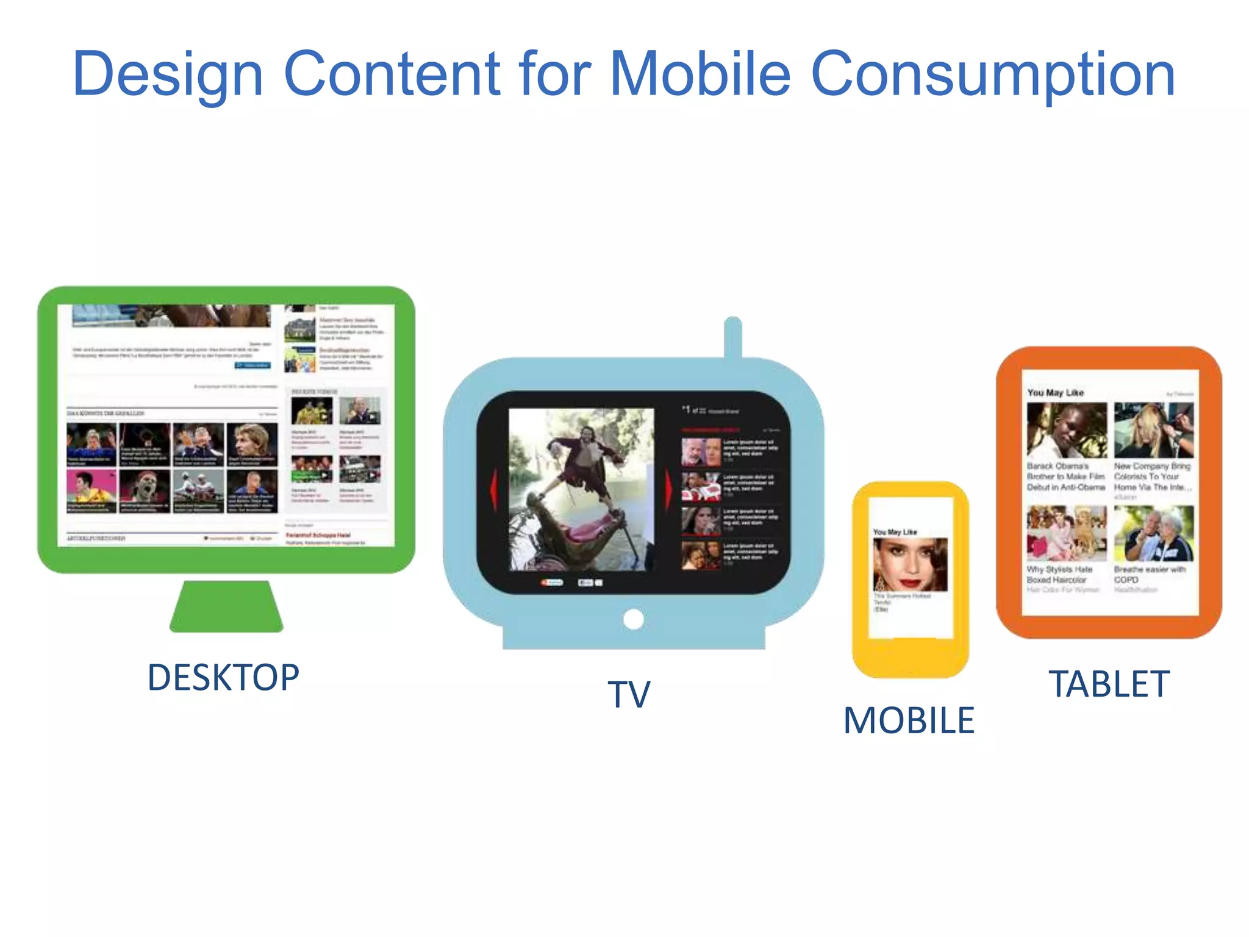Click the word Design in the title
click(168, 74)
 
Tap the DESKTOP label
click(223, 677)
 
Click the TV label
click(629, 694)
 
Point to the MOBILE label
click(909, 720)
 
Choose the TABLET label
click(1109, 684)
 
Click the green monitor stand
click(226, 606)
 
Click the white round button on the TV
click(634, 619)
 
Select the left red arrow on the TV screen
click(494, 489)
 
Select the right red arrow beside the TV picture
click(669, 489)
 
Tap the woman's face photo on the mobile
click(911, 564)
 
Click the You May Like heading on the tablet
click(1055, 393)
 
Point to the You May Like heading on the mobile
click(895, 532)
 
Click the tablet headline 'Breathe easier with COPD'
click(1150, 574)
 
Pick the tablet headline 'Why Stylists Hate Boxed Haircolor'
click(1059, 574)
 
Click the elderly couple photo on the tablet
click(1153, 533)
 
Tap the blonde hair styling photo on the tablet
click(1153, 430)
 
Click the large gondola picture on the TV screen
click(581, 489)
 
